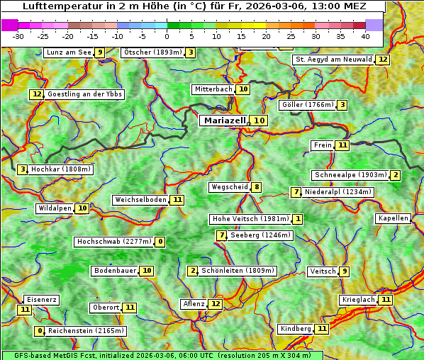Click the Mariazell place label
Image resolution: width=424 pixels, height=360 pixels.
(x=224, y=120)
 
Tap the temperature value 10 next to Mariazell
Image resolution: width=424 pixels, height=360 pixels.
(x=260, y=120)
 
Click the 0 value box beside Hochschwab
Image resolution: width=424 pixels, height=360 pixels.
(x=161, y=242)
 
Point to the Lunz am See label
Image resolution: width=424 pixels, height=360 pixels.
(x=68, y=52)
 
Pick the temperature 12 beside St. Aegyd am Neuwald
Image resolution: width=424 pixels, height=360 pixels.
(x=383, y=60)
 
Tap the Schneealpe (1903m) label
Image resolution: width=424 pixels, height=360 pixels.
(x=350, y=175)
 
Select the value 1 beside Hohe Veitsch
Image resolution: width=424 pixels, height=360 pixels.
(x=298, y=219)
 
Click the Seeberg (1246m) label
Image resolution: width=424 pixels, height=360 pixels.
(x=260, y=235)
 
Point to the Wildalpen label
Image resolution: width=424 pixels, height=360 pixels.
(x=55, y=208)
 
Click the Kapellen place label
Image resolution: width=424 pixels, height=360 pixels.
(x=393, y=218)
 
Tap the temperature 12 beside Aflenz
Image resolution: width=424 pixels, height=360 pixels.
(x=216, y=304)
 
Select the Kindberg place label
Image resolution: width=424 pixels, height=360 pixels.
(x=295, y=329)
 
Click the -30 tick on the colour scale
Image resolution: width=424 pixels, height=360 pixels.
(x=18, y=35)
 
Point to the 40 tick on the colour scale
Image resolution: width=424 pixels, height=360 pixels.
(x=365, y=35)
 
